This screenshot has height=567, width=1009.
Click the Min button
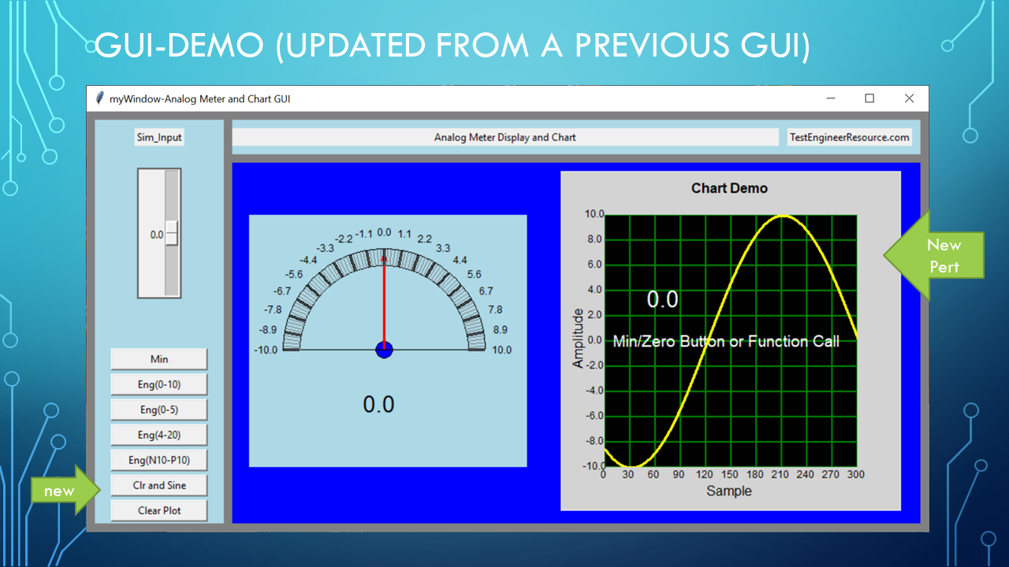[x=159, y=359]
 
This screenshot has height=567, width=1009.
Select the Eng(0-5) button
[x=159, y=409]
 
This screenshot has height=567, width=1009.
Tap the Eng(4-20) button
[x=159, y=435]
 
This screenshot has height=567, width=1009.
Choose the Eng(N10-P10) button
[x=159, y=460]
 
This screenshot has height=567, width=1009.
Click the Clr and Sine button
[x=159, y=485]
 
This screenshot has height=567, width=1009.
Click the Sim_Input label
[x=159, y=137]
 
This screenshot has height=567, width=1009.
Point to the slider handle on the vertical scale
[x=172, y=233]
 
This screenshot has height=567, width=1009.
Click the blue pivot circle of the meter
[x=384, y=350]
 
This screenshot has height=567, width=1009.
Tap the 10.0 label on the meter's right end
[x=501, y=350]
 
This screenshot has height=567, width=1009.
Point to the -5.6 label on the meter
[x=294, y=274]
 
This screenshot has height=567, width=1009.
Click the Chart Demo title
[x=729, y=188]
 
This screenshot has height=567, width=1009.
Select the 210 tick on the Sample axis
[x=780, y=474]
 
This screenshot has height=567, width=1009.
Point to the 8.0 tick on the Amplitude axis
[x=594, y=239]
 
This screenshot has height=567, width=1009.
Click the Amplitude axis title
[x=578, y=339]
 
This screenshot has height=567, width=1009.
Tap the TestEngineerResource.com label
[x=850, y=137]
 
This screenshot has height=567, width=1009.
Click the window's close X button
[x=909, y=98]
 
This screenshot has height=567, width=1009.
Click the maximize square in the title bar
[x=869, y=98]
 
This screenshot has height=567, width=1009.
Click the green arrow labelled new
[x=65, y=490]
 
